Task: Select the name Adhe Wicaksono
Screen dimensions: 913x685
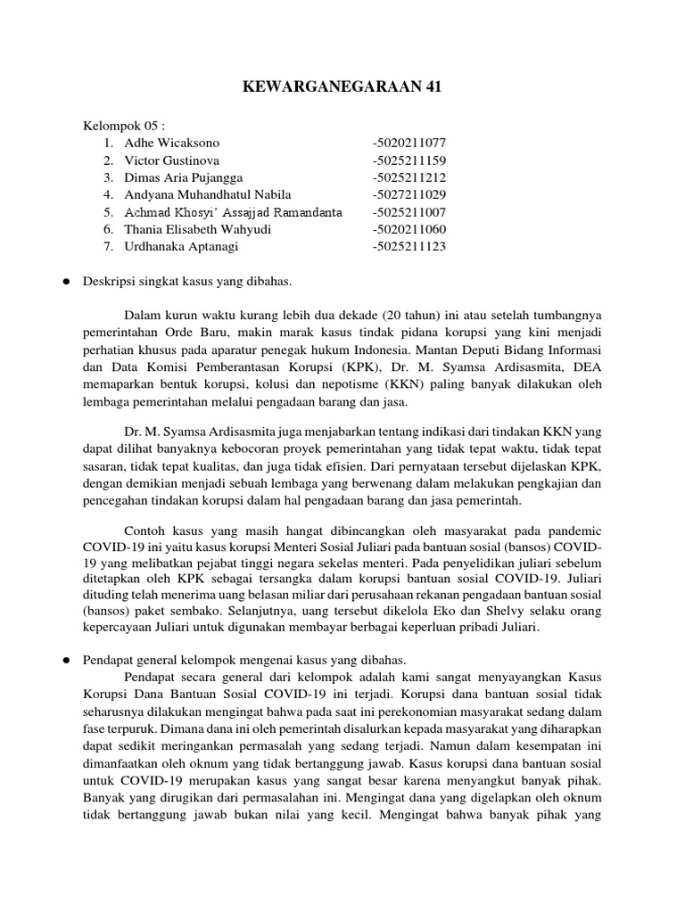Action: pyautogui.click(x=172, y=143)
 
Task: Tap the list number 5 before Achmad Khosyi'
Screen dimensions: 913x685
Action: pyautogui.click(x=107, y=212)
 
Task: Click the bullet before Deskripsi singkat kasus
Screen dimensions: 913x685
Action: pyautogui.click(x=66, y=281)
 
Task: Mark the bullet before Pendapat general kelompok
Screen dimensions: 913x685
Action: pyautogui.click(x=66, y=660)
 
